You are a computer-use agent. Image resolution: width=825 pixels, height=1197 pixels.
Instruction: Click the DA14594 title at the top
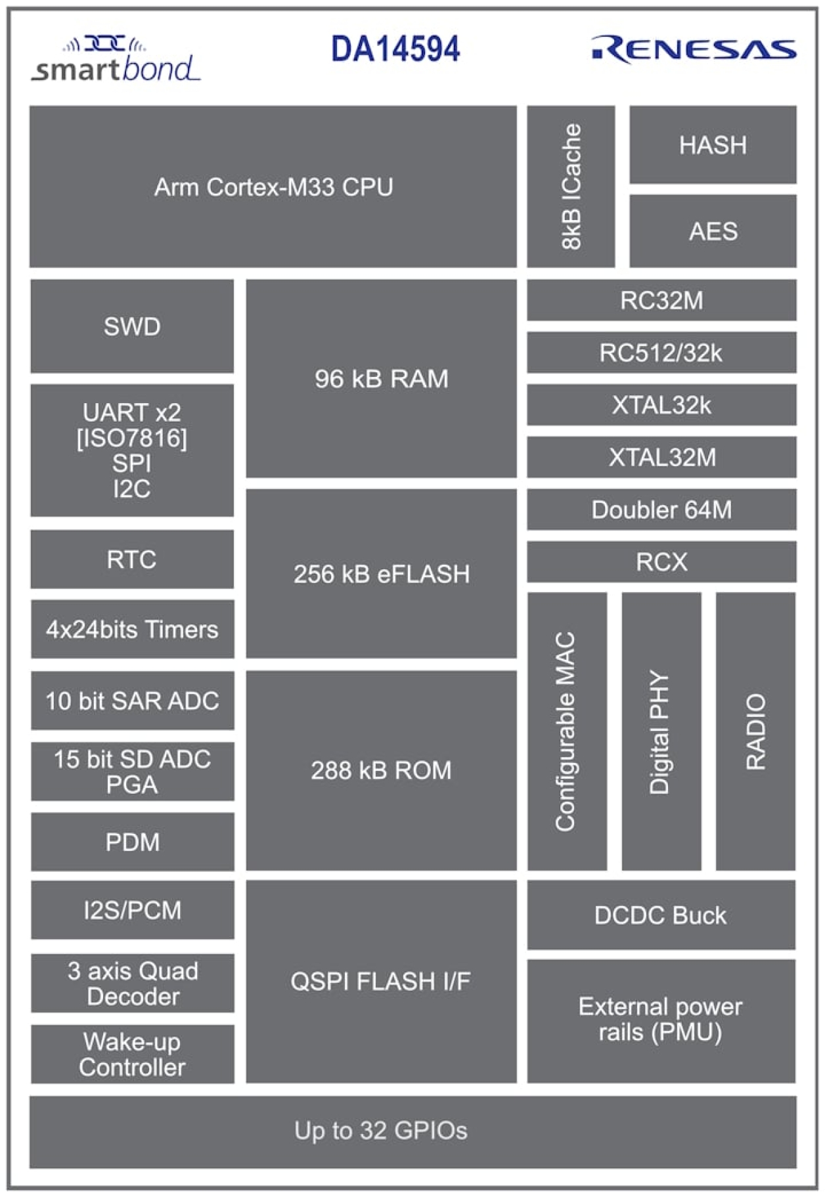(395, 49)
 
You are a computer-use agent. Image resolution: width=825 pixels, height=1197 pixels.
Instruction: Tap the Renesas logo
(694, 50)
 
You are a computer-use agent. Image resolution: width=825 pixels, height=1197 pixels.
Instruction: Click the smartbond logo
(116, 62)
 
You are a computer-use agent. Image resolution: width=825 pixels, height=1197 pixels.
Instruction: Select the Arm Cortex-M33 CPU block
(273, 187)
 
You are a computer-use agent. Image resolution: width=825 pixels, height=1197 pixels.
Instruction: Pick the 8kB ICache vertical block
(571, 186)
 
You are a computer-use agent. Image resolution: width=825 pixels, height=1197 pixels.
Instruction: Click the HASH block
(713, 145)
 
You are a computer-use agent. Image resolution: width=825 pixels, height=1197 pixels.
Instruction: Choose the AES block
(713, 231)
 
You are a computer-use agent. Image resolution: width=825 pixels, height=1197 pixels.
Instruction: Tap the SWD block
(132, 326)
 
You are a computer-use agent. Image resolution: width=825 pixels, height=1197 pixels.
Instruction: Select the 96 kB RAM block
(381, 379)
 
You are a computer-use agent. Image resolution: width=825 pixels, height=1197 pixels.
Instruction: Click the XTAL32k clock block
(661, 405)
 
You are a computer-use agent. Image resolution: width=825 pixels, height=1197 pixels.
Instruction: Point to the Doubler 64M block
(661, 510)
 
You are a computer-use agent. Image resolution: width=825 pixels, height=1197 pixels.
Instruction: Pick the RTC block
(132, 559)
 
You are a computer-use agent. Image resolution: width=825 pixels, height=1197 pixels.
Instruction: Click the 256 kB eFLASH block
(381, 574)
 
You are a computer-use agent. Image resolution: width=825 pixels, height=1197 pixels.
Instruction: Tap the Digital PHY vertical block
(661, 731)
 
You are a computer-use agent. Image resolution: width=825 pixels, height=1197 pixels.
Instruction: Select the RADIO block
(755, 731)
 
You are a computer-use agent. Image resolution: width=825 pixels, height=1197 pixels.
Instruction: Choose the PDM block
(132, 842)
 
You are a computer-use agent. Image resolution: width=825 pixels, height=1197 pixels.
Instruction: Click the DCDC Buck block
(661, 915)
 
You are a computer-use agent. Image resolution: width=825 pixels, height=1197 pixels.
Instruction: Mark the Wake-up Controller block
(132, 1055)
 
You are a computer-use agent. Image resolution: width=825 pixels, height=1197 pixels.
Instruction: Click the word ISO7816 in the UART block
(132, 438)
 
